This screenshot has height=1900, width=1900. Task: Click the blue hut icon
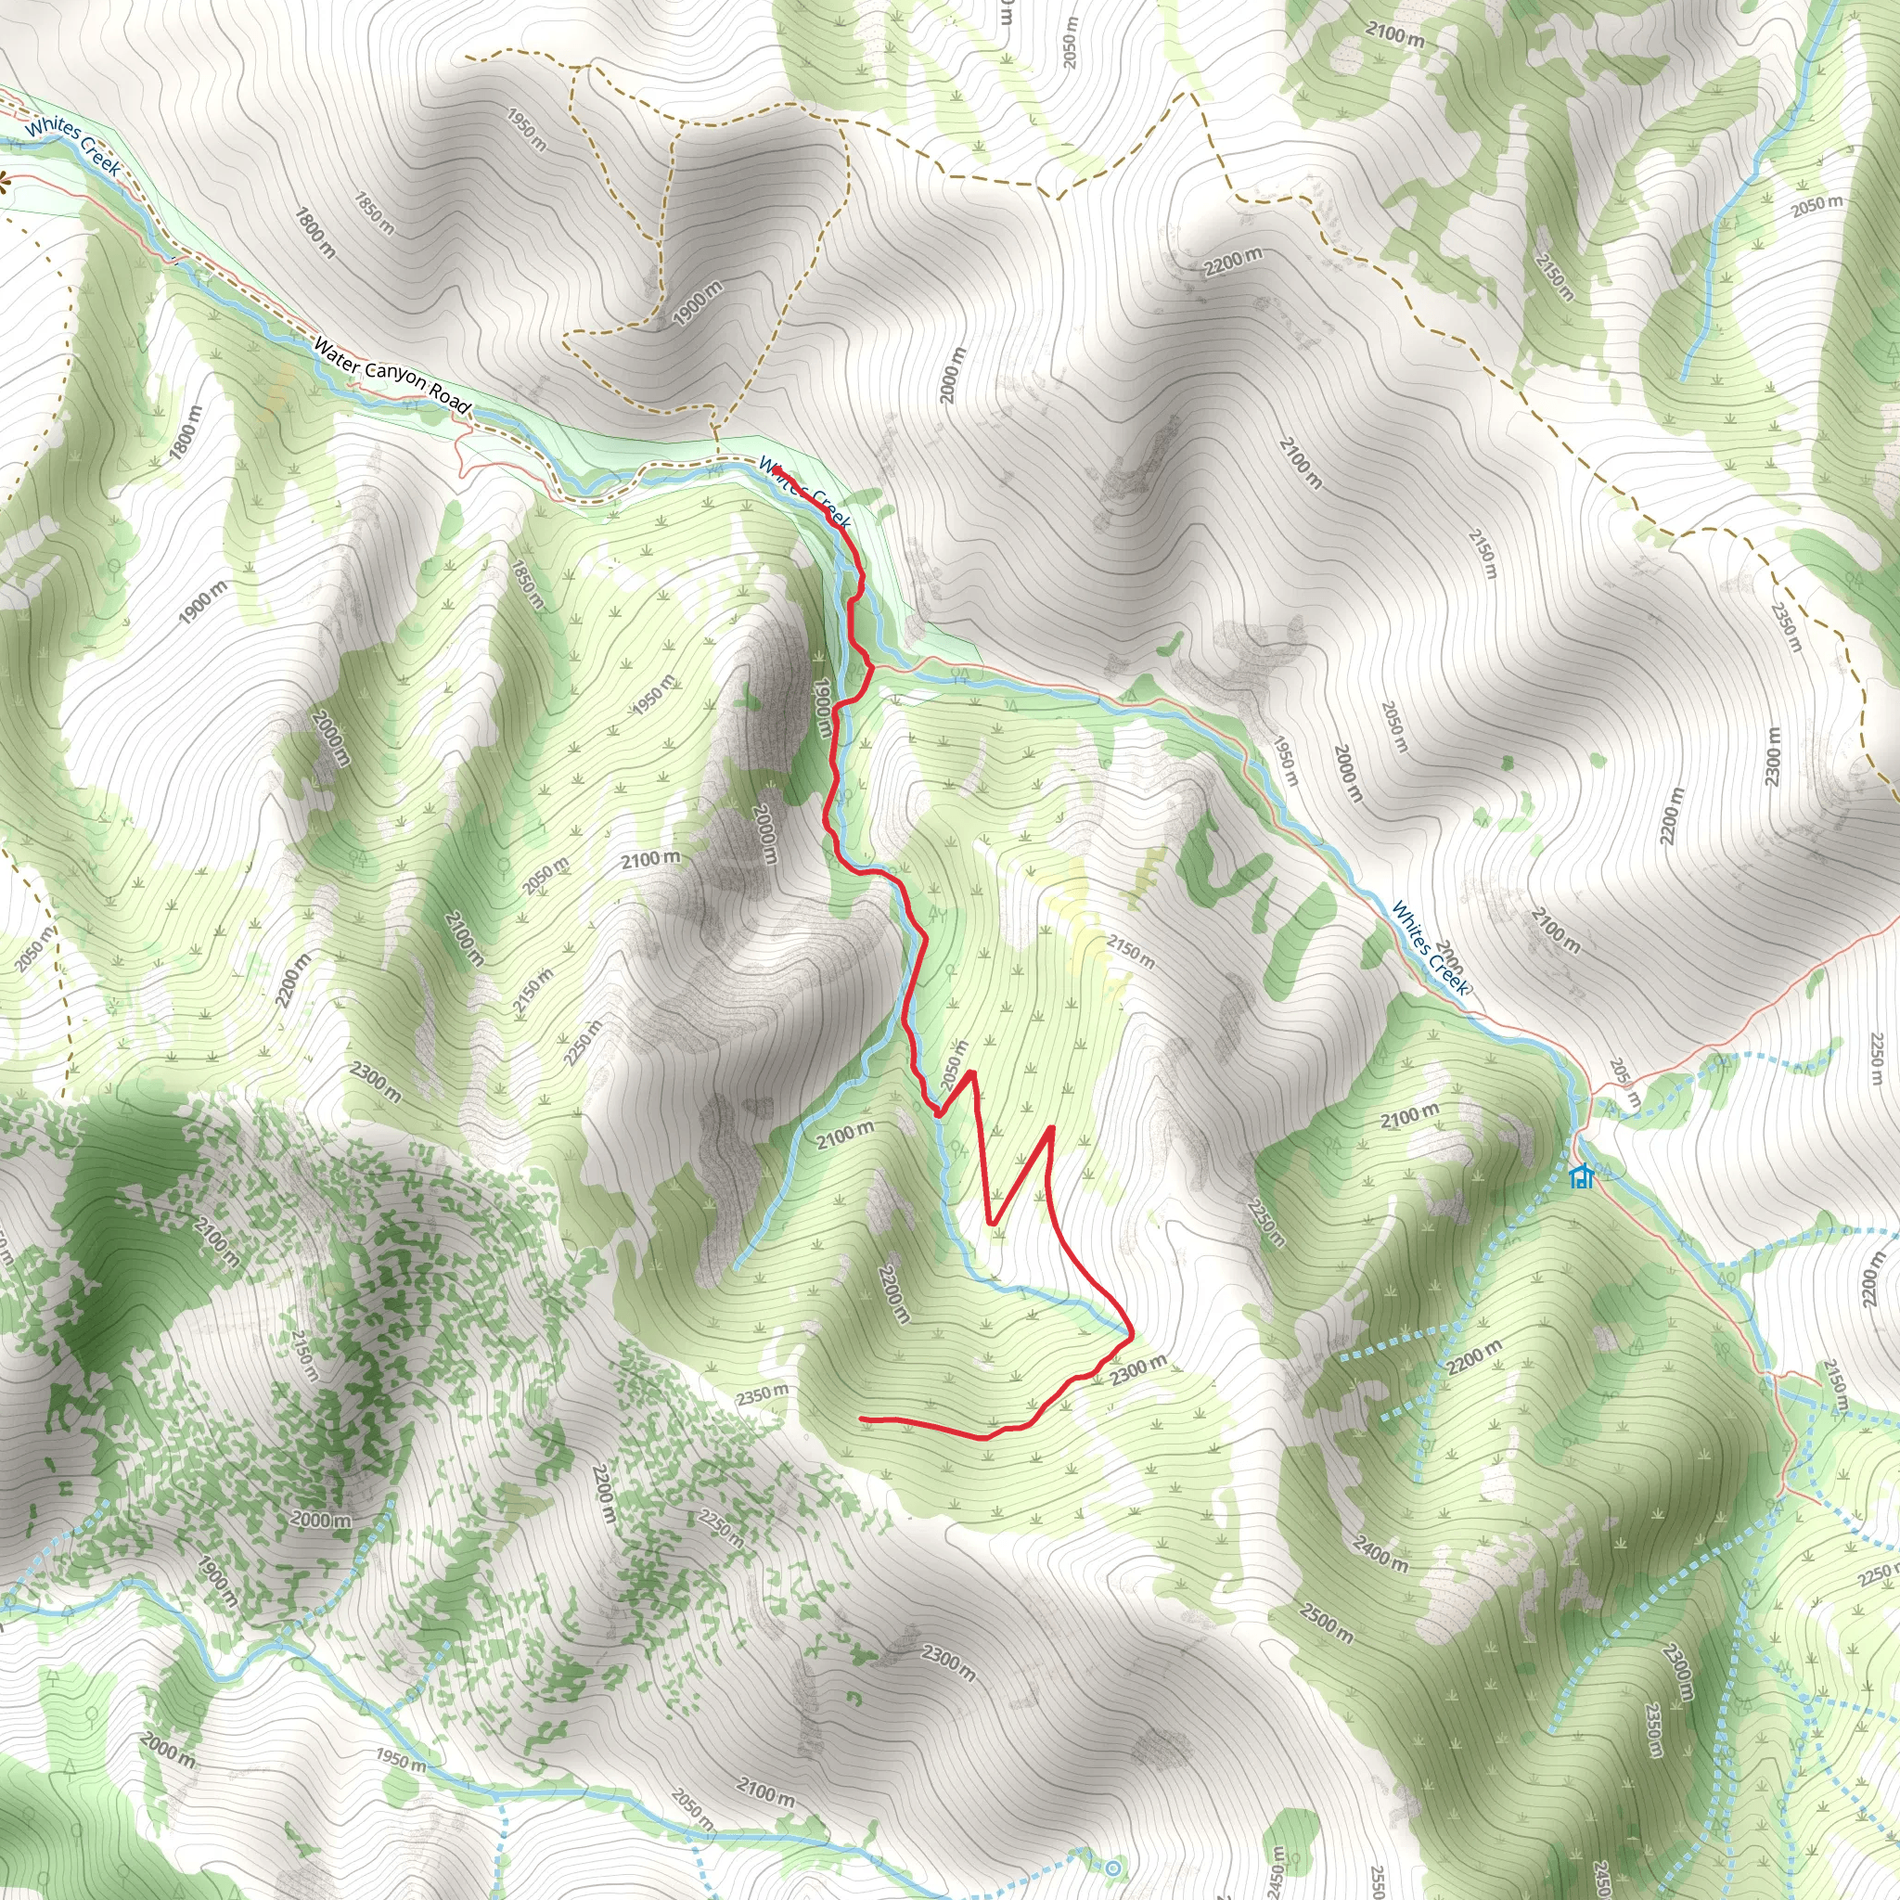click(1580, 1176)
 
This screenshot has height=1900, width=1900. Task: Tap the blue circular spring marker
click(1112, 1868)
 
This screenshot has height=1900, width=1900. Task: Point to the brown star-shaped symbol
click(3, 180)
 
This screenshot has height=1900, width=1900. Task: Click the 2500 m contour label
click(1325, 1624)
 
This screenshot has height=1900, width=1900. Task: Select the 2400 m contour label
click(1380, 1552)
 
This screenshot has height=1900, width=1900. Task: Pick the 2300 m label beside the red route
click(1139, 1369)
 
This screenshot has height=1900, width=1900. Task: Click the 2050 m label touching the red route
click(954, 1065)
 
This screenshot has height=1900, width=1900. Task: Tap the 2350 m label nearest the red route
click(764, 1395)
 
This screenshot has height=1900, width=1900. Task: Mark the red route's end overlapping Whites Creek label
click(777, 471)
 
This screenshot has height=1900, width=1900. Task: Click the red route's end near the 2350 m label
click(862, 1419)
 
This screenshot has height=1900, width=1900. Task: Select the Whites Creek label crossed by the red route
click(804, 491)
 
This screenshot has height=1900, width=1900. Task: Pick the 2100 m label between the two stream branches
click(845, 1136)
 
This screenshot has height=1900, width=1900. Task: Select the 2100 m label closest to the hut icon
click(1409, 1116)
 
